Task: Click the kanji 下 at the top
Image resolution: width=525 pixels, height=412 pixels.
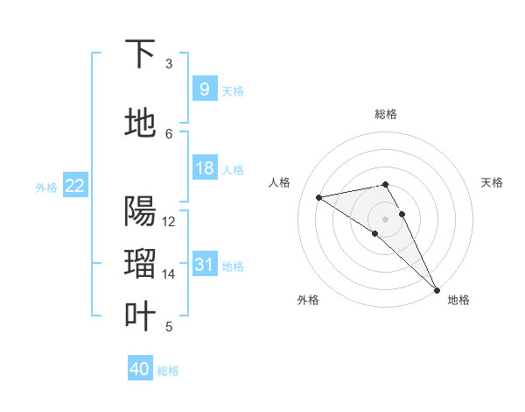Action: [x=140, y=55]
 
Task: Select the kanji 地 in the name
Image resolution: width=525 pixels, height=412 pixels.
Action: [x=140, y=124]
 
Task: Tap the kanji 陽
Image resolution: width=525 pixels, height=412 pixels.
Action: [x=140, y=212]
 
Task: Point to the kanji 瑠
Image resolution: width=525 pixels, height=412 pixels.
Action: [x=140, y=264]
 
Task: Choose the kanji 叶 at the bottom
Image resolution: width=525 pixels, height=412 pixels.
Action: [x=140, y=316]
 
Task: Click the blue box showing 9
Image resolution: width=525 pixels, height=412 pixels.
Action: [x=204, y=89]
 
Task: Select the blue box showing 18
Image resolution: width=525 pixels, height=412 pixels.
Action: [x=204, y=168]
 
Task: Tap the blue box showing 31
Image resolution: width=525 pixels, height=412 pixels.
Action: [x=204, y=265]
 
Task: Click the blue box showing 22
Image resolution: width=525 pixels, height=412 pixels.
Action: [x=75, y=186]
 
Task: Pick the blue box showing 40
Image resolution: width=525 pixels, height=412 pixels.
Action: [x=140, y=369]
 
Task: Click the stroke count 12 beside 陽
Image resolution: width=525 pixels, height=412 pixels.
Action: [x=169, y=222]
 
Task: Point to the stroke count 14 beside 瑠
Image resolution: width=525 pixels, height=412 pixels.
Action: [x=169, y=274]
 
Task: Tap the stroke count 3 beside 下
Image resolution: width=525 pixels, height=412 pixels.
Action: [x=169, y=64]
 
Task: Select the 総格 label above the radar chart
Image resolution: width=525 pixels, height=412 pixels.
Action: [x=386, y=114]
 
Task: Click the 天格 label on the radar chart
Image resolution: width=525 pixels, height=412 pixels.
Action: [x=492, y=182]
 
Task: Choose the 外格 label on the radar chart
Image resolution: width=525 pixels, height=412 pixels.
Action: [x=308, y=301]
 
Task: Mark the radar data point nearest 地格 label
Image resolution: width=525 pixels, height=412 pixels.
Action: [x=436, y=288]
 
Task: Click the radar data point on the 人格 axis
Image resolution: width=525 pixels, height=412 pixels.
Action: [x=319, y=196]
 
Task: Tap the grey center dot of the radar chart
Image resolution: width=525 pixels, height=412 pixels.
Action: [x=385, y=218]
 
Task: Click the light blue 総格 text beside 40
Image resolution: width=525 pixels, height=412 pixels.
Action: [x=168, y=371]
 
